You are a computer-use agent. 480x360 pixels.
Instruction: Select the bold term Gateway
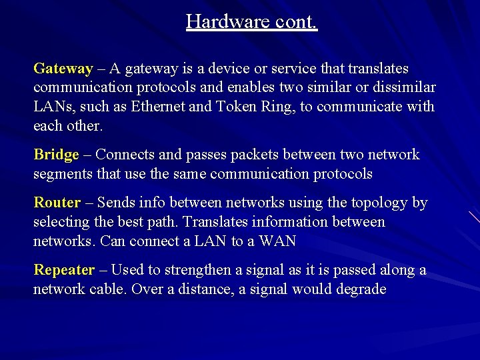tap(63, 69)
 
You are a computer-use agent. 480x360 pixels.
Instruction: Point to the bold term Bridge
tap(57, 155)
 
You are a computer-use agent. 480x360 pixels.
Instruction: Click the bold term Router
tap(57, 202)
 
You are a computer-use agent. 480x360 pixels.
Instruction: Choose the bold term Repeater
tap(65, 269)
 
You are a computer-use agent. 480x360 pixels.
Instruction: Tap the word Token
tap(236, 107)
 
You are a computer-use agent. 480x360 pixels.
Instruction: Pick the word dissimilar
tap(400, 87)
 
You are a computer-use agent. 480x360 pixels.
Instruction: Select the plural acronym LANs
tap(53, 107)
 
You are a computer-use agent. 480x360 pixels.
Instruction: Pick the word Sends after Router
tap(117, 202)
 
